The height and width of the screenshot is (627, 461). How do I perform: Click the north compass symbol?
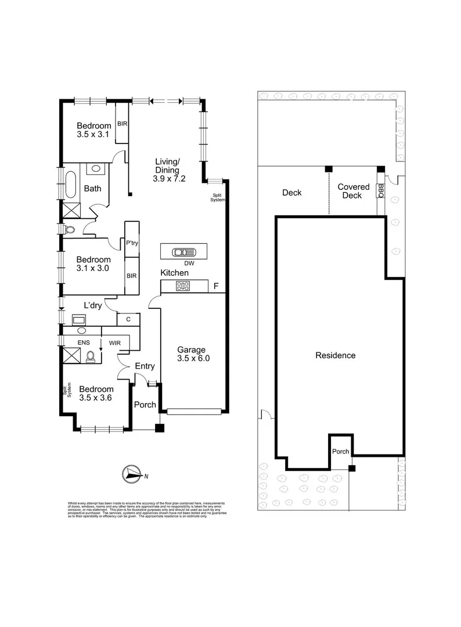(x=133, y=474)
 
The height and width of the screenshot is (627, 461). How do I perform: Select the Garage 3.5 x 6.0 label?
(x=193, y=354)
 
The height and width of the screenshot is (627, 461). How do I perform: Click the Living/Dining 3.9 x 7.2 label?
(x=170, y=170)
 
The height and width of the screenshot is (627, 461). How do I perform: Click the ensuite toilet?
(x=92, y=355)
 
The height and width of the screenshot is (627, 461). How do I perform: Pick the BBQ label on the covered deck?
(x=381, y=190)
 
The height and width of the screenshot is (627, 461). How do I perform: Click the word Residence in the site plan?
(x=335, y=355)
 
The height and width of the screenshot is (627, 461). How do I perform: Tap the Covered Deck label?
(x=353, y=191)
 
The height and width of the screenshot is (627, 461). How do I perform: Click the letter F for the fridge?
(x=216, y=286)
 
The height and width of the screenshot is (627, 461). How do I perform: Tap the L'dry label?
(x=93, y=305)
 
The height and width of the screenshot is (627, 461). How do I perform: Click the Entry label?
(x=145, y=366)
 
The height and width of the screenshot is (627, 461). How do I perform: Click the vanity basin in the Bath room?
(x=95, y=170)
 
